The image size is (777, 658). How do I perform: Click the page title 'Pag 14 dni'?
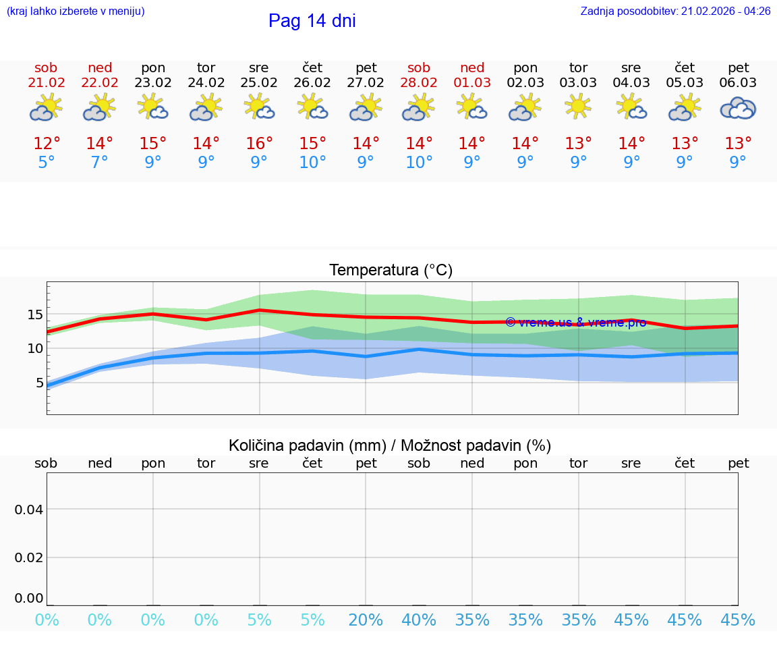312,21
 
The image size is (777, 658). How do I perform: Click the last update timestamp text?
675,11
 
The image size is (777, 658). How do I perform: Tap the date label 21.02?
47,83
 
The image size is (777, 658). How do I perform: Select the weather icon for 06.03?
738,109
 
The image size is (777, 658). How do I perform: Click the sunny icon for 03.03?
578,107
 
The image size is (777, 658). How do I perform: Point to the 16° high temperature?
259,144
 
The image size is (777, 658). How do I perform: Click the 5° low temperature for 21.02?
47,163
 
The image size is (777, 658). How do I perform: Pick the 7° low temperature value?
100,163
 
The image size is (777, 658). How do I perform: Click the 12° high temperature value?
47,144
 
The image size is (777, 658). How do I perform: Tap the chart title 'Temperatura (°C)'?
391,270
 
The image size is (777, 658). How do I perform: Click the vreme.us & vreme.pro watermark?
575,322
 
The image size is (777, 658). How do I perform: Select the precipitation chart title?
390,445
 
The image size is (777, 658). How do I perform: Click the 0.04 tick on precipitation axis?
29,510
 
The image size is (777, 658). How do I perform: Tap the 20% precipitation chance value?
366,620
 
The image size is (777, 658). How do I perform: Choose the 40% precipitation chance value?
419,620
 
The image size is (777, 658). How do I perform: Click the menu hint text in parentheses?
76,11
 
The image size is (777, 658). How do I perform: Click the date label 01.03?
472,83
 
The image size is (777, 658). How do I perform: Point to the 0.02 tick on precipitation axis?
29,557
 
